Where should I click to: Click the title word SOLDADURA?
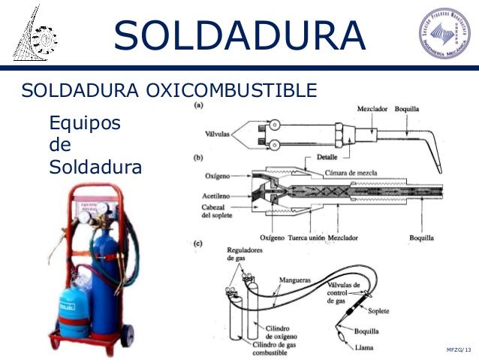[x=240, y=35]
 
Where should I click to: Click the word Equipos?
[x=83, y=123]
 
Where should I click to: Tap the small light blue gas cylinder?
[x=74, y=308]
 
